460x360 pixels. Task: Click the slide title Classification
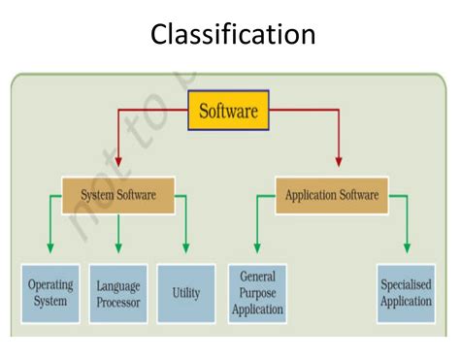pyautogui.click(x=233, y=36)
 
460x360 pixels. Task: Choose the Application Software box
pyautogui.click(x=331, y=195)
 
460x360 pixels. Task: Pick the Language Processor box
pyautogui.click(x=118, y=294)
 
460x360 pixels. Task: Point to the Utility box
pyautogui.click(x=185, y=293)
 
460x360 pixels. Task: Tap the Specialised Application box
pyautogui.click(x=405, y=293)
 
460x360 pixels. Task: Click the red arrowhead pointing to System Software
pyautogui.click(x=118, y=159)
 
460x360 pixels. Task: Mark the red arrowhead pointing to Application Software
pyautogui.click(x=339, y=159)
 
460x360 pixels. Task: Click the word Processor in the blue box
pyautogui.click(x=118, y=302)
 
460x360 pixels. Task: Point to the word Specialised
pyautogui.click(x=405, y=285)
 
